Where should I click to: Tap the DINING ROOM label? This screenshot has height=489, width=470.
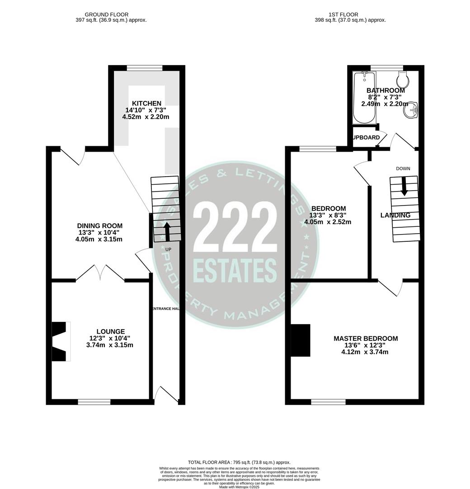pyautogui.click(x=99, y=226)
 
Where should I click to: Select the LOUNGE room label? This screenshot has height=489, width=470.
pyautogui.click(x=110, y=331)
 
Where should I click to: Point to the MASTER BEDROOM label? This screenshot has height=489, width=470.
pyautogui.click(x=366, y=339)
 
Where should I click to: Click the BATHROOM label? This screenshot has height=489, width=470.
pyautogui.click(x=385, y=91)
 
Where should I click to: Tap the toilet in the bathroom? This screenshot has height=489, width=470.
pyautogui.click(x=402, y=81)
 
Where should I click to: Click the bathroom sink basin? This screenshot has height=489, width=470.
pyautogui.click(x=412, y=110)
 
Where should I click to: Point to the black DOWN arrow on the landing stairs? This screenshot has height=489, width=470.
pyautogui.click(x=404, y=186)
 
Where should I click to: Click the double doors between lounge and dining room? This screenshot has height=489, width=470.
pyautogui.click(x=101, y=273)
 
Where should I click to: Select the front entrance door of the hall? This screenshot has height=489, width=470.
pyautogui.click(x=166, y=395)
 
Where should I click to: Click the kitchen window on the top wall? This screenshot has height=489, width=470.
pyautogui.click(x=145, y=68)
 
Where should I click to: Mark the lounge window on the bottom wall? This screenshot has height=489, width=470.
pyautogui.click(x=94, y=402)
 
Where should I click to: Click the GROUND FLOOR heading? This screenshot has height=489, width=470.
pyautogui.click(x=106, y=14)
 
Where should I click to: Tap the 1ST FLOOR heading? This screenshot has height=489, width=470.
pyautogui.click(x=350, y=14)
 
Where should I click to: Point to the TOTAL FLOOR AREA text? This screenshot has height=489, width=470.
pyautogui.click(x=239, y=462)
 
